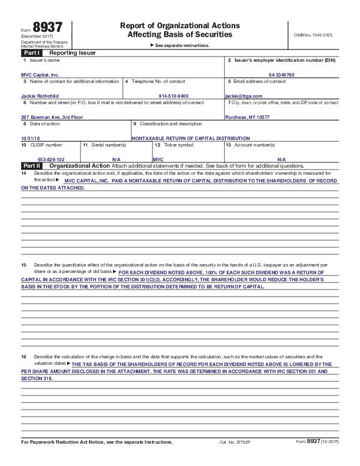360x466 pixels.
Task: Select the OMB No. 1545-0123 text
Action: click(x=314, y=35)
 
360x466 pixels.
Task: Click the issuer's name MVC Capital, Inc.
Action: click(x=40, y=75)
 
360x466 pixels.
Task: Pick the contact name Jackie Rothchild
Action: click(x=41, y=96)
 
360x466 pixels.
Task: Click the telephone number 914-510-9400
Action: click(x=174, y=96)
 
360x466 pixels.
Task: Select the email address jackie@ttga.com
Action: click(x=244, y=96)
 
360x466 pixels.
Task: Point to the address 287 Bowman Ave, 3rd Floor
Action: click(x=52, y=117)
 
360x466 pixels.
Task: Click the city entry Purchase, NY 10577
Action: click(x=248, y=117)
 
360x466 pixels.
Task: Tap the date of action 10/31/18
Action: click(x=29, y=138)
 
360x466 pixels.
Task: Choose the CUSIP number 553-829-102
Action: click(x=51, y=159)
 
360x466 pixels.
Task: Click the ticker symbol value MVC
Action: click(x=158, y=159)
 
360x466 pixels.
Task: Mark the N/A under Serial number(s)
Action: click(x=116, y=159)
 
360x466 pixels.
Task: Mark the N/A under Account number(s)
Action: click(x=281, y=159)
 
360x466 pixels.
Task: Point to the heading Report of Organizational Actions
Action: click(x=179, y=26)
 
